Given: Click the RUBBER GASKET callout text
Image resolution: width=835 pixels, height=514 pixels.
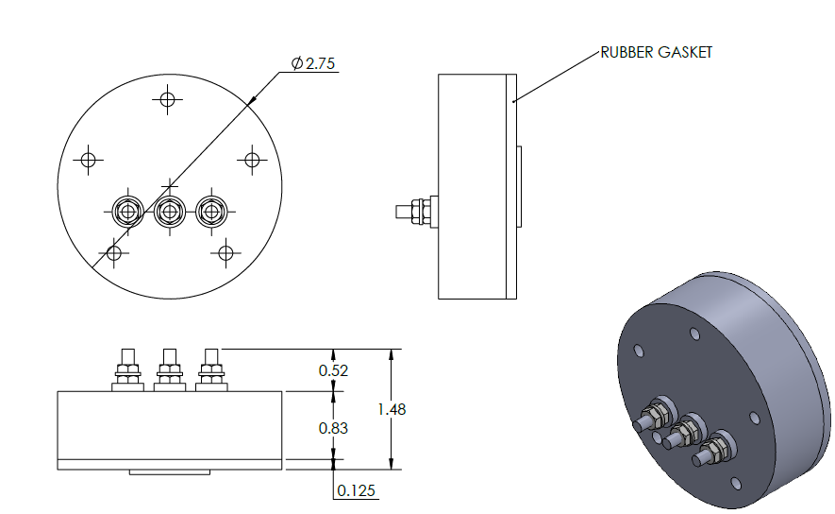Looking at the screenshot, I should pyautogui.click(x=657, y=53).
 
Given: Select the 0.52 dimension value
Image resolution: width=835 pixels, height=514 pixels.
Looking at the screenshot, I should pyautogui.click(x=333, y=370).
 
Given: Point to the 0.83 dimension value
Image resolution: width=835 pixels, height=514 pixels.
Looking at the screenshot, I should pyautogui.click(x=333, y=428).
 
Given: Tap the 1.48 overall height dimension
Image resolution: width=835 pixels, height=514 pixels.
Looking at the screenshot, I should pyautogui.click(x=392, y=409).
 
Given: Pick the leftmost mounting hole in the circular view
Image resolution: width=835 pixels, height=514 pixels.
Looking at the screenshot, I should pyautogui.click(x=89, y=160).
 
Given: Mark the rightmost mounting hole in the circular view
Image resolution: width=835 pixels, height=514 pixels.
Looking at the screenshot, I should pyautogui.click(x=251, y=160).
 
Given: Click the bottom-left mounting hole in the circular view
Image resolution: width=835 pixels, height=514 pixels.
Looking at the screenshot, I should pyautogui.click(x=114, y=252).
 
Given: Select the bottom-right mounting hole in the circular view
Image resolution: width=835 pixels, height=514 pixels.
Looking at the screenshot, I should pyautogui.click(x=225, y=252).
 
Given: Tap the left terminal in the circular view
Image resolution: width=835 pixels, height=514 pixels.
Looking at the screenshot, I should pyautogui.click(x=126, y=211).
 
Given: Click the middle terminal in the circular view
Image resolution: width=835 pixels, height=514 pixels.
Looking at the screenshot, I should pyautogui.click(x=169, y=211).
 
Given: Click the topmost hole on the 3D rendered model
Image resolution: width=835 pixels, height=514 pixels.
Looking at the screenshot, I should pyautogui.click(x=694, y=333).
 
